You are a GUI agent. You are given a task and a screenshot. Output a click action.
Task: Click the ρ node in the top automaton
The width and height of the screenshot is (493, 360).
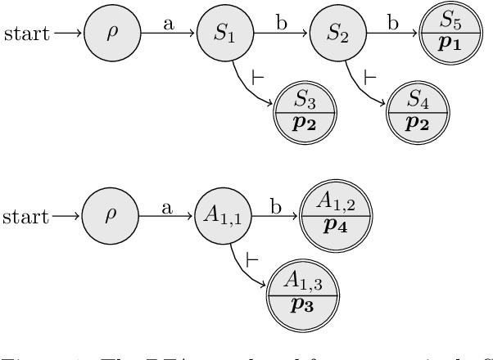click(x=112, y=34)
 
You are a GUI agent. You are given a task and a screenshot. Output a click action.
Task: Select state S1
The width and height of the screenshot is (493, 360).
click(x=224, y=34)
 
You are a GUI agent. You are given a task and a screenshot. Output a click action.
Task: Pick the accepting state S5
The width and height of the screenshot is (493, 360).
click(x=449, y=34)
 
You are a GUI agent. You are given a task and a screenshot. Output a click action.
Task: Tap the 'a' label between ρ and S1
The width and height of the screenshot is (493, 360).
click(x=169, y=25)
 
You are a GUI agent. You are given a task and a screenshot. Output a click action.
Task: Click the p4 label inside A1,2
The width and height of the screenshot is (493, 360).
click(x=336, y=230)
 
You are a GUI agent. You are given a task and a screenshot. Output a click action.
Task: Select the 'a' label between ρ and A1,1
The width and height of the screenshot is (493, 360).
click(x=169, y=209)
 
